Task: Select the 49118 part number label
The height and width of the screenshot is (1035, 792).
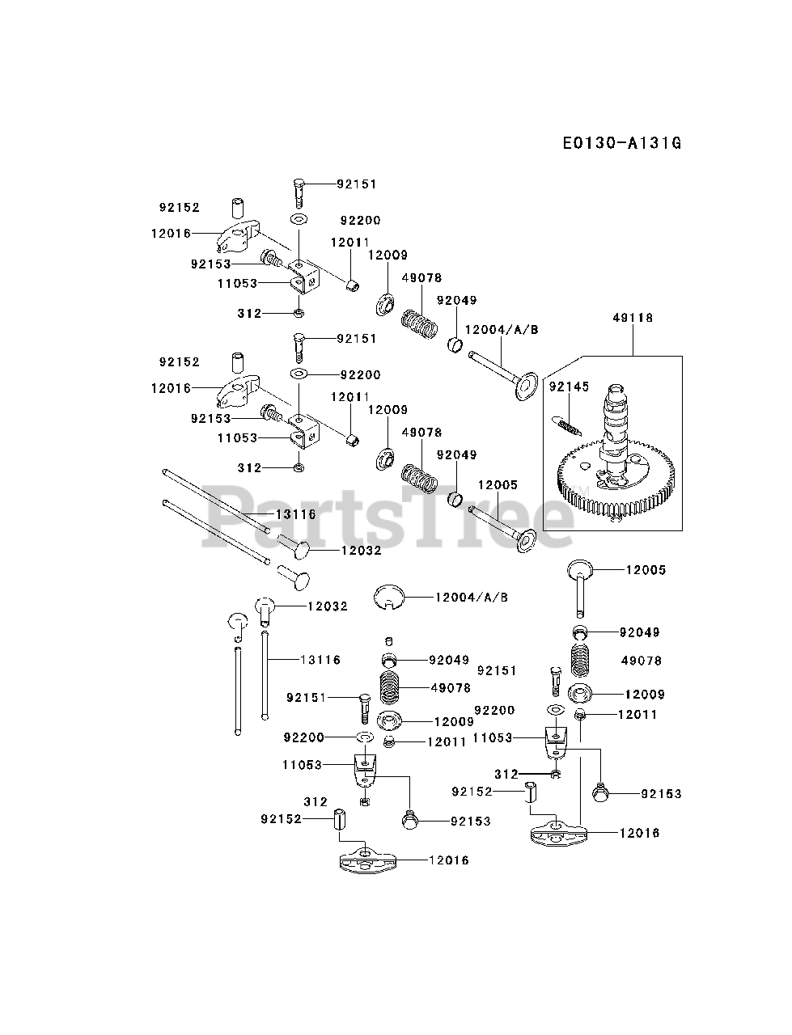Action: (x=633, y=318)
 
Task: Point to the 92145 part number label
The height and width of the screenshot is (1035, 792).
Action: (x=569, y=387)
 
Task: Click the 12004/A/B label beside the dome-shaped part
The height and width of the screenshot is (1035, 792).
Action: (x=471, y=597)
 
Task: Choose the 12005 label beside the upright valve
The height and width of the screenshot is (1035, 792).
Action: (x=646, y=570)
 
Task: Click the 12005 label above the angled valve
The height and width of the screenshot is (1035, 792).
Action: (x=498, y=485)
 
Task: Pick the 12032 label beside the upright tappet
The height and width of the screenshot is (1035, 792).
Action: (x=327, y=606)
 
